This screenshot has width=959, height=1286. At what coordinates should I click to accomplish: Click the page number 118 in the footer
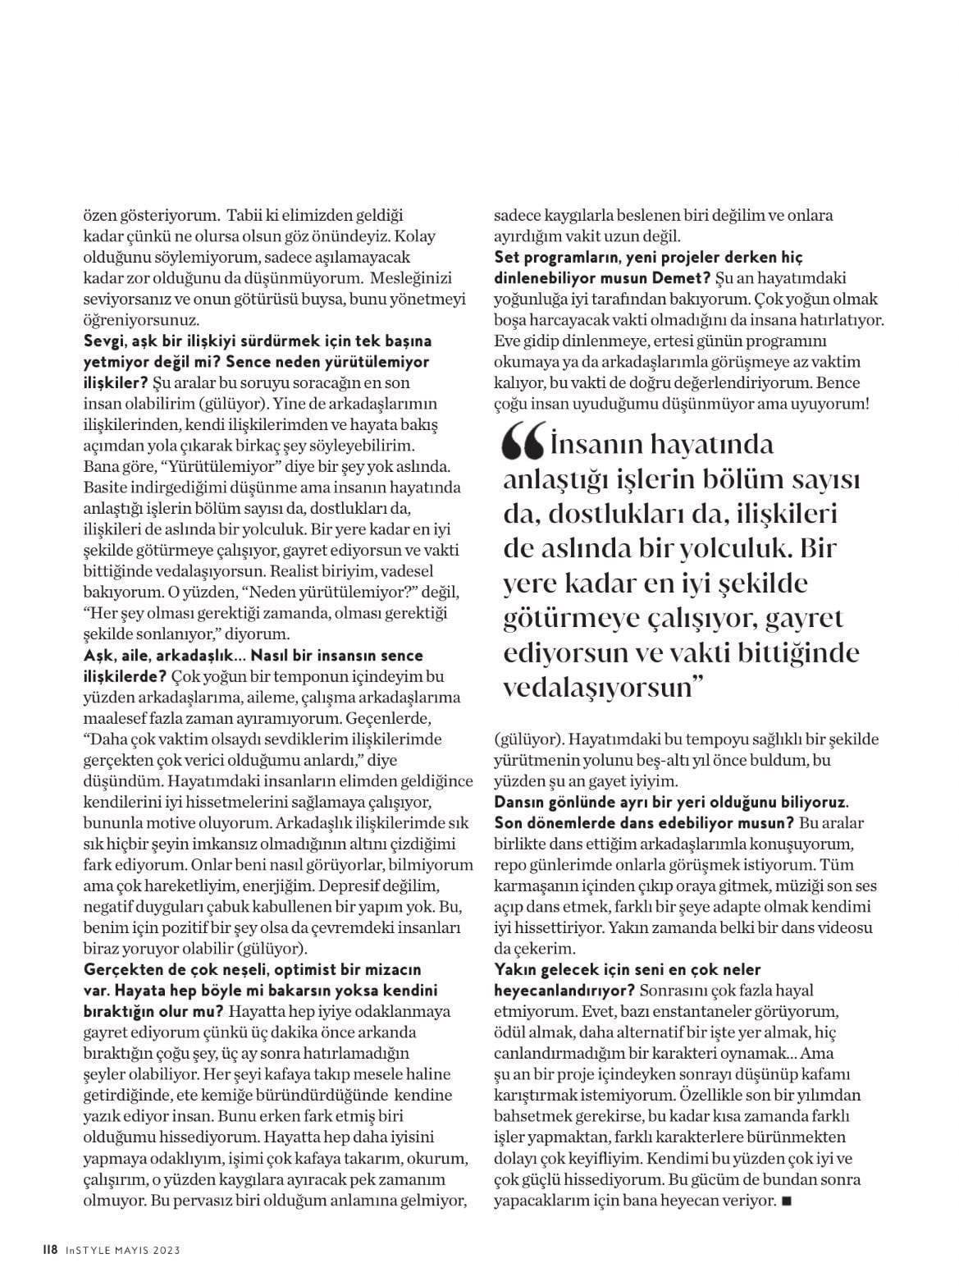[x=50, y=1250]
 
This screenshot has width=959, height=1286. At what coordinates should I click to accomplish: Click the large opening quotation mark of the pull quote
[x=523, y=444]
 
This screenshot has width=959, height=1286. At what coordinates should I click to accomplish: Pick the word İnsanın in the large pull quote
[x=604, y=445]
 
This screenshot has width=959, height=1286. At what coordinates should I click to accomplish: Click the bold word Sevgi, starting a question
[x=107, y=341]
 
